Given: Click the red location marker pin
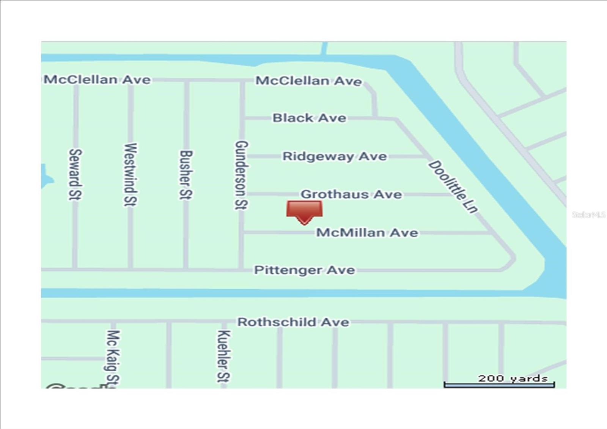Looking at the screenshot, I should click(304, 211).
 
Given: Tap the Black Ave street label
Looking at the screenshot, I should click(309, 118).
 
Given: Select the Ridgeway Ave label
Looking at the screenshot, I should click(335, 156).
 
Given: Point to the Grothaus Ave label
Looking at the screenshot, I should click(351, 194).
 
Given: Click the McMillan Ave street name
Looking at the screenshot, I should click(367, 232).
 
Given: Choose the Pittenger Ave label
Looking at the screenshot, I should click(305, 270).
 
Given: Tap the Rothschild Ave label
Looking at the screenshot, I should click(293, 322).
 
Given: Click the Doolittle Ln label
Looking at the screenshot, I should click(453, 187).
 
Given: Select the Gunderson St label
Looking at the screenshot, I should click(241, 175).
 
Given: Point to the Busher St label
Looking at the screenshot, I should click(186, 175).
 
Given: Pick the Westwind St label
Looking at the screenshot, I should click(130, 175).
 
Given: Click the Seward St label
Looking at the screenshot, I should click(75, 174).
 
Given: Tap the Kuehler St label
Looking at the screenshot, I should click(223, 356).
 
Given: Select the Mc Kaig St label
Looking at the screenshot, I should click(113, 357).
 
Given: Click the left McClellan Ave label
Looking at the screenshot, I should click(97, 80).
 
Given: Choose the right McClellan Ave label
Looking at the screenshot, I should click(308, 81).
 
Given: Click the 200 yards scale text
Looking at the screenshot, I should click(513, 378).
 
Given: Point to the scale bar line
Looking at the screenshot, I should click(499, 385).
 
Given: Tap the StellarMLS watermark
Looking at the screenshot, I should click(588, 215).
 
